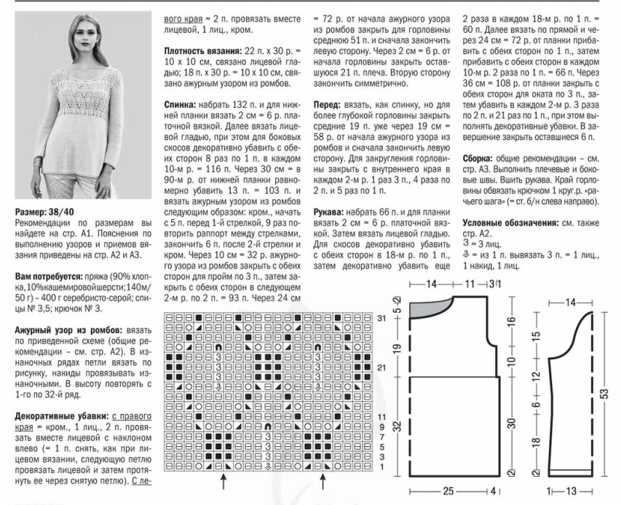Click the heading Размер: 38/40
[x=36, y=212]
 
